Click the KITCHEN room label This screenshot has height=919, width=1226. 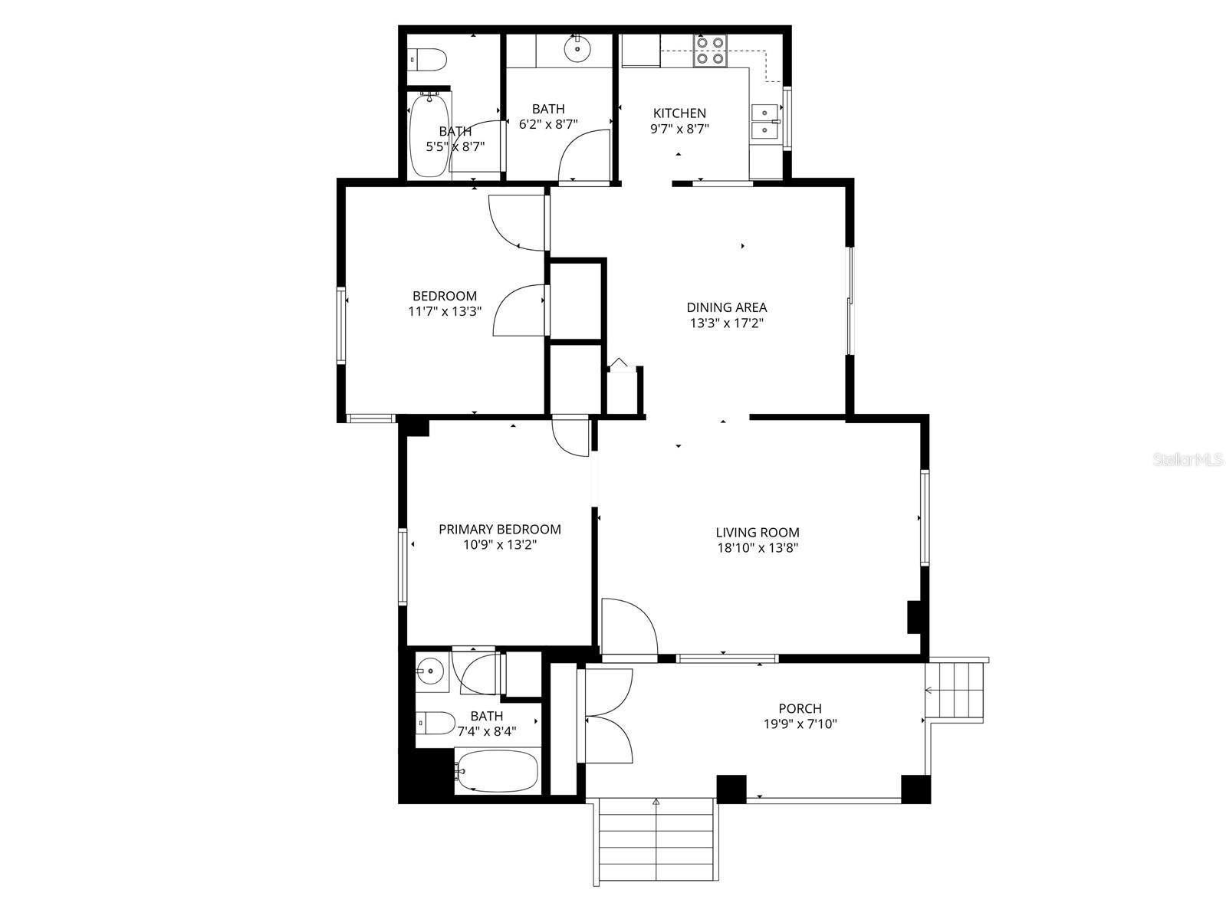[x=679, y=113]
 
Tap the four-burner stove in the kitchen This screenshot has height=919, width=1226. [x=709, y=51]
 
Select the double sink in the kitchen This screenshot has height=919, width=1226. [x=764, y=123]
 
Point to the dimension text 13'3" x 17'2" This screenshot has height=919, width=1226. [x=726, y=323]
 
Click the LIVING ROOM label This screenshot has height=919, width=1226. [x=757, y=532]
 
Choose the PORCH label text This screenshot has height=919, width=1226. [x=799, y=708]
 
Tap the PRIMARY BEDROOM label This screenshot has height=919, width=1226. [x=499, y=529]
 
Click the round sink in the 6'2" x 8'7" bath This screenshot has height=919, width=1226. [x=575, y=50]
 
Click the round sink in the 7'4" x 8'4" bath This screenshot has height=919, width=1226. [x=430, y=673]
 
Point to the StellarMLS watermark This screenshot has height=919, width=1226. [x=1188, y=460]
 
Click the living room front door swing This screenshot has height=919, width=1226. [x=627, y=628]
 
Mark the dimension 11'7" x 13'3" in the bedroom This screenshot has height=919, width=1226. [x=444, y=311]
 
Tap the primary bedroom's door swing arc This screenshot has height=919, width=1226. [x=570, y=439]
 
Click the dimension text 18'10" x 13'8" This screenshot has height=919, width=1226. [x=757, y=548]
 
